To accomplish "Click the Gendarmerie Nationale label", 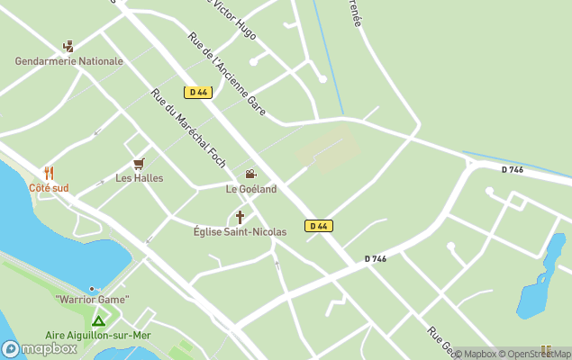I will tap(68, 61).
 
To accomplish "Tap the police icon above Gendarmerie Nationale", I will tap(68, 46).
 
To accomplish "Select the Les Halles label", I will tap(139, 178).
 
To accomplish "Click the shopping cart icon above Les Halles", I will tap(139, 163).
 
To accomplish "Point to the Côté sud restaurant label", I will tap(49, 188).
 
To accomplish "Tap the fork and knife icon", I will tap(49, 173).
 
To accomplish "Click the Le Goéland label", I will tap(251, 189).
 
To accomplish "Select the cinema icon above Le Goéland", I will tap(250, 175).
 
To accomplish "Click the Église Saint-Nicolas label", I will tap(240, 232).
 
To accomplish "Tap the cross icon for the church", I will tap(240, 217).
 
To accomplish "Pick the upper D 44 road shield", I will tap(197, 92).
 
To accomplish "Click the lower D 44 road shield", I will tap(317, 226).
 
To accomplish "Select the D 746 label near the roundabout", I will tap(512, 169).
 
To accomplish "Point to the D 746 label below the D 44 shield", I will tap(376, 259).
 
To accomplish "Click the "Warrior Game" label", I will tap(92, 299).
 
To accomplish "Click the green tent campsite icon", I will tap(98, 319).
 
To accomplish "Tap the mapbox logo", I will tap(40, 348).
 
